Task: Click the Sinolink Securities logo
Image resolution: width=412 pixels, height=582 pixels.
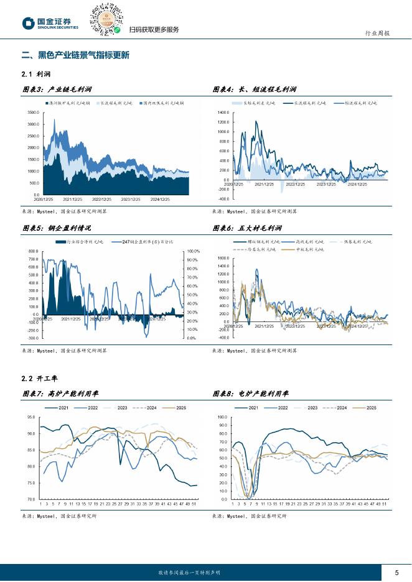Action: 50,24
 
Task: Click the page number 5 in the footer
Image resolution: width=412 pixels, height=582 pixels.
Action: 396,572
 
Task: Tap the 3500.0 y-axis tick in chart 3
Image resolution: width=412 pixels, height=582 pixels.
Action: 34,113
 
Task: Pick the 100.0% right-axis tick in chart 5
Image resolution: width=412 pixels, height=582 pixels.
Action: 193,251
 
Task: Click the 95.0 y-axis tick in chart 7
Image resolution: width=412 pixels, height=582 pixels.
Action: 31,417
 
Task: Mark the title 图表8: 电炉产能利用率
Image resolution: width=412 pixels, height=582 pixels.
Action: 254,394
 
